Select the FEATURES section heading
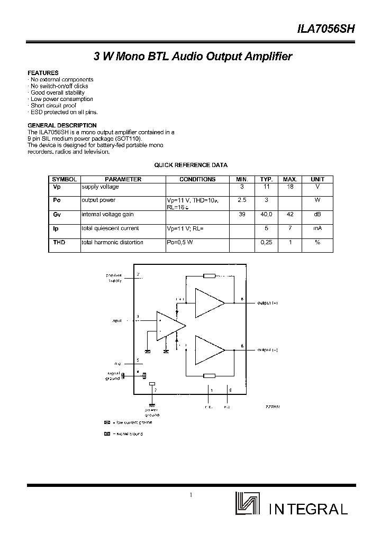[43, 73]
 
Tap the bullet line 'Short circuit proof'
[53, 106]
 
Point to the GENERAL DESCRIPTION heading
[62, 125]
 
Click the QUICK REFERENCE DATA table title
[190, 165]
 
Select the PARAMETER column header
[123, 179]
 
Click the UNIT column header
[317, 179]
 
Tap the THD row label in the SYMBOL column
[59, 242]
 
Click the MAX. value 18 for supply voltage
[290, 187]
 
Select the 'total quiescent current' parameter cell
[110, 228]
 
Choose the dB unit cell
[317, 214]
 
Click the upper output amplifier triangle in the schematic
[209, 302]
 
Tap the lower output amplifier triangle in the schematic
[209, 349]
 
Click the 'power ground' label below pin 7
[152, 411]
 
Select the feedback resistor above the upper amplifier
[210, 275]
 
